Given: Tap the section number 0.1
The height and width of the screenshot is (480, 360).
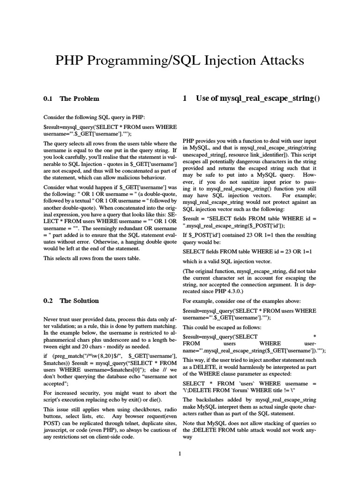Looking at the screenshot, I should [48, 99].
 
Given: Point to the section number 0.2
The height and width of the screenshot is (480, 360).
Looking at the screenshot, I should [48, 301].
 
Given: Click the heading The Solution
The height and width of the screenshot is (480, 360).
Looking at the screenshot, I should [79, 301].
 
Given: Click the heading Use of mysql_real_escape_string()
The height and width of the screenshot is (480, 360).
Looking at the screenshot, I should [258, 99].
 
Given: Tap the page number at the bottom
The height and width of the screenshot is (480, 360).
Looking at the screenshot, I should [180, 453].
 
